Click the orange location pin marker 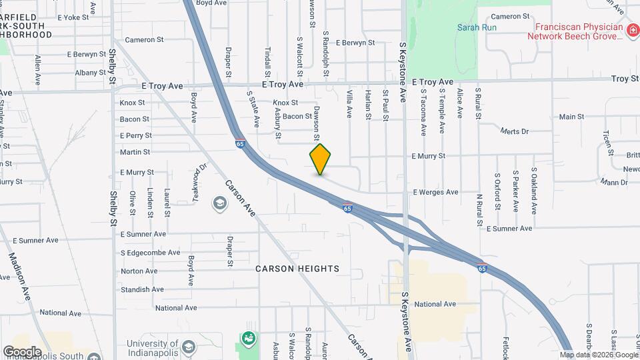click(320, 159)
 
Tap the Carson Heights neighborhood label click(297, 269)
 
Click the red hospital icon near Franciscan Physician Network click(631, 31)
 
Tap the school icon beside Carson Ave click(219, 203)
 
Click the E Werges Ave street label click(435, 192)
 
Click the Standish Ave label click(142, 289)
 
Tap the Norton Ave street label click(139, 271)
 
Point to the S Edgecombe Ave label click(150, 253)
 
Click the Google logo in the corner click(22, 351)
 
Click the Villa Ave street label click(349, 105)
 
